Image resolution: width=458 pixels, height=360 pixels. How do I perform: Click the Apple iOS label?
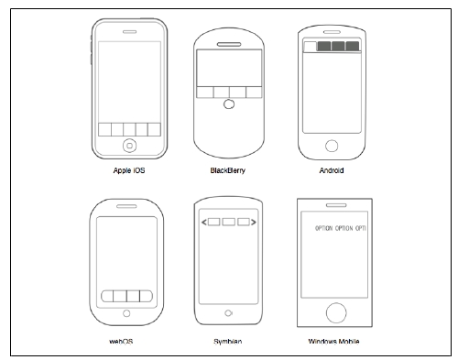[129, 170]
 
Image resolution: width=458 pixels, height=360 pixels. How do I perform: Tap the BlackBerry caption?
[228, 170]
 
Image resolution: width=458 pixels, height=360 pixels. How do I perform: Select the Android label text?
[332, 170]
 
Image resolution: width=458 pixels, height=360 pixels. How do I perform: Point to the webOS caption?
[121, 342]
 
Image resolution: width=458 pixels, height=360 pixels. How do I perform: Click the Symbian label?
[228, 342]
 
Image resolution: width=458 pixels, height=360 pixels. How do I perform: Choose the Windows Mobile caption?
[333, 342]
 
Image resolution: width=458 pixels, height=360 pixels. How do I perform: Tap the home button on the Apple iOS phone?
[129, 146]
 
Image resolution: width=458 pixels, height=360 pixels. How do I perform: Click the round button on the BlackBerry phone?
[229, 104]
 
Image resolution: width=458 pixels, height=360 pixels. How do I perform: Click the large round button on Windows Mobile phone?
[336, 312]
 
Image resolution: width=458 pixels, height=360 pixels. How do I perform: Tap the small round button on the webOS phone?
[126, 313]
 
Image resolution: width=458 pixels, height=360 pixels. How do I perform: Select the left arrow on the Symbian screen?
[204, 222]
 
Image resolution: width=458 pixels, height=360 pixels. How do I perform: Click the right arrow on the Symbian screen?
[254, 222]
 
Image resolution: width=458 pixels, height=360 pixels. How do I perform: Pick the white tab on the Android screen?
[311, 47]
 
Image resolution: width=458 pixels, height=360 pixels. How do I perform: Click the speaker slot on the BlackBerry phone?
[229, 44]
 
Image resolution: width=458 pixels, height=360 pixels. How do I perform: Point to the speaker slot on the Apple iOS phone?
[129, 32]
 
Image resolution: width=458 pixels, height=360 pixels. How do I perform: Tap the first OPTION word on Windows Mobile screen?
[323, 228]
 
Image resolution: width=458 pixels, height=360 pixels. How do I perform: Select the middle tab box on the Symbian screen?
[228, 222]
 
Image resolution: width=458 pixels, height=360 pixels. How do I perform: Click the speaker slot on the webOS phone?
[126, 206]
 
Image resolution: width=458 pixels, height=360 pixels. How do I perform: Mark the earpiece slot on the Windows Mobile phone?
[336, 205]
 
